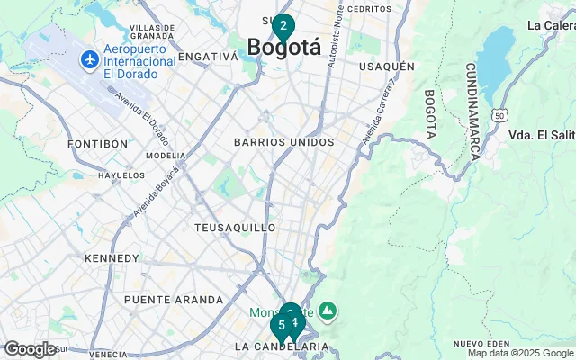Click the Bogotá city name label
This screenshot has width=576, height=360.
tap(283, 47)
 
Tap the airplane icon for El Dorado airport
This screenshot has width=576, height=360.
tap(89, 60)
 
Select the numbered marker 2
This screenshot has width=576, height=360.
tap(283, 26)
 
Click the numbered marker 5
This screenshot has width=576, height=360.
tap(281, 325)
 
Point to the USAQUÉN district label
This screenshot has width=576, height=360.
tap(386, 67)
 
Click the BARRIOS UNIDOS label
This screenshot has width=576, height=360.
tap(283, 142)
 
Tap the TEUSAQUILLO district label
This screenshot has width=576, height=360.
tap(234, 228)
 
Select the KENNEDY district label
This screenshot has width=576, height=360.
tap(112, 258)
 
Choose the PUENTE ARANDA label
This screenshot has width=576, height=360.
tap(173, 300)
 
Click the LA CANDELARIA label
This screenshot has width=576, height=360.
tap(281, 346)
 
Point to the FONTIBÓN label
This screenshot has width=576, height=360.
tap(98, 144)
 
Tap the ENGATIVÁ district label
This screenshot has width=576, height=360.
tap(208, 56)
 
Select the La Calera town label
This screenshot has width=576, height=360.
tap(552, 25)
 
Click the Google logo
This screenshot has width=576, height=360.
tap(30, 349)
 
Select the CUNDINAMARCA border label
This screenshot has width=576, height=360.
tap(472, 112)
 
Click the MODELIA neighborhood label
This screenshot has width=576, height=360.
tap(165, 155)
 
